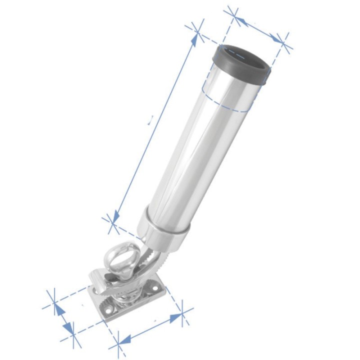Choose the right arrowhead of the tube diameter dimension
276,38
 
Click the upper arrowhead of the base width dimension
59,310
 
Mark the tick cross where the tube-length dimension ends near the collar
111,222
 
